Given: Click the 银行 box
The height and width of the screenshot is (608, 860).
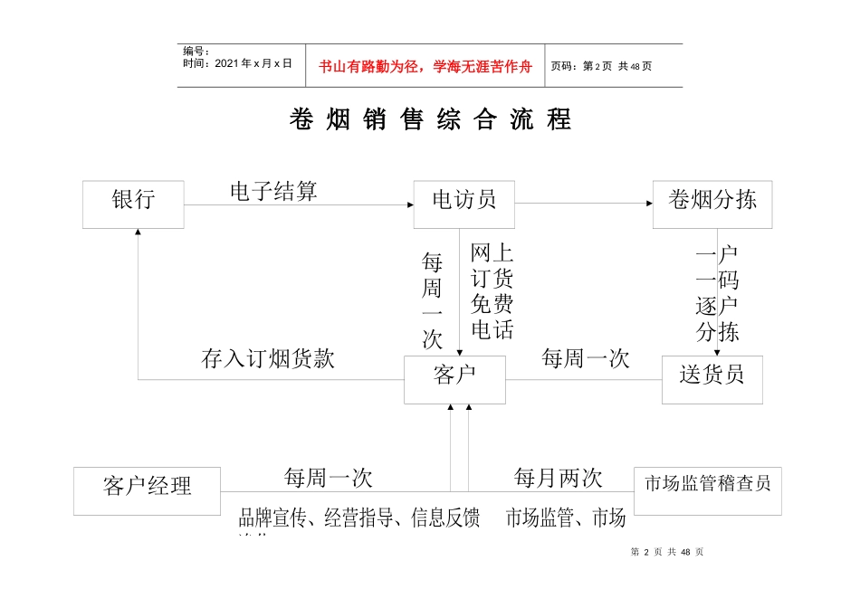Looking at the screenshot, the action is click(x=133, y=204).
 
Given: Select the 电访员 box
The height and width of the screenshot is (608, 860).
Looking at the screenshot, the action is click(x=463, y=204).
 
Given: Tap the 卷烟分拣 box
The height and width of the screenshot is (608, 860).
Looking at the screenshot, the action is click(x=712, y=204).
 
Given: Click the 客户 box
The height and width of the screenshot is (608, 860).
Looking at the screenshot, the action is click(x=454, y=379).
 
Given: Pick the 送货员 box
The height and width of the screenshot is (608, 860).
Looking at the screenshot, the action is click(x=712, y=379).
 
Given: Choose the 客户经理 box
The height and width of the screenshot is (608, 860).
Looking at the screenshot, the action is click(x=147, y=490).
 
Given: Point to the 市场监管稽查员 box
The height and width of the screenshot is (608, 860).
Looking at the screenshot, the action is click(x=707, y=490).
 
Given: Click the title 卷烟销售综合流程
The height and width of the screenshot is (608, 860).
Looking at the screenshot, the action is click(x=430, y=119).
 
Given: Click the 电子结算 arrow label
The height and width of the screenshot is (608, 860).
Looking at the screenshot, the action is click(x=273, y=191).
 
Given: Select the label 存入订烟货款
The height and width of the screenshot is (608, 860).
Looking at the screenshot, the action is click(x=267, y=358).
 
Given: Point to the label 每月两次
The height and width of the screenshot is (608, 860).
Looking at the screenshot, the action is click(x=558, y=477).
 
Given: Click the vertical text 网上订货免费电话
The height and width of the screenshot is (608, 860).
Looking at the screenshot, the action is click(x=492, y=291).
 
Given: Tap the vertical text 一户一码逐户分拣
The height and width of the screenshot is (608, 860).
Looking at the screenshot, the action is click(x=718, y=293).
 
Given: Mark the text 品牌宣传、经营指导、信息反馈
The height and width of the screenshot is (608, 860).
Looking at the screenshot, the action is click(x=358, y=518).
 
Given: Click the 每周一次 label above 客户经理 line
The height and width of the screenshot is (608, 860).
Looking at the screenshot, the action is click(x=328, y=477).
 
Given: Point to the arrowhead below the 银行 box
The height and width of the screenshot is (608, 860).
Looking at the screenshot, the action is click(x=138, y=233).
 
